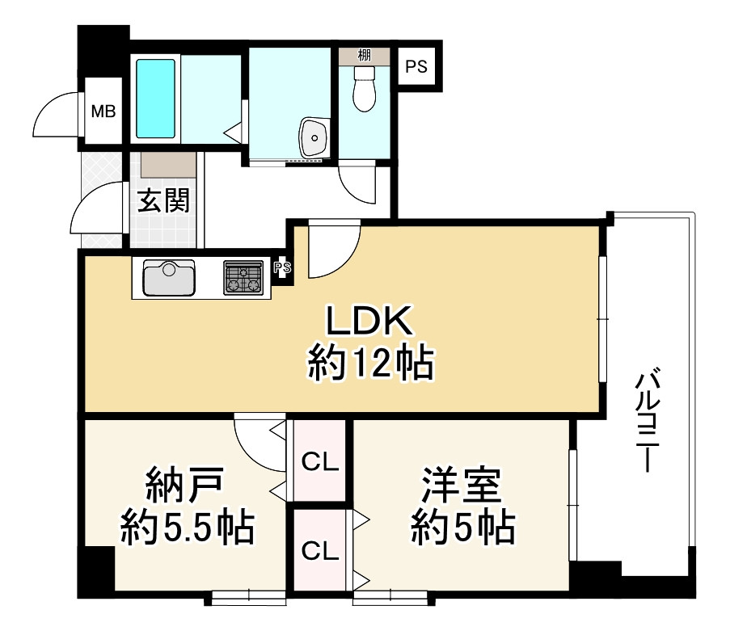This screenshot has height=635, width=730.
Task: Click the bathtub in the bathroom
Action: [x=155, y=98]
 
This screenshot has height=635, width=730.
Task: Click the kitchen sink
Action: [x=168, y=278]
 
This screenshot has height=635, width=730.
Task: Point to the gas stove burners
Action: [x=243, y=277]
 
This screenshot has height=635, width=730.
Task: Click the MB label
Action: [x=103, y=111]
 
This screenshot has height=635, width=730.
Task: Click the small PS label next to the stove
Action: [x=281, y=268]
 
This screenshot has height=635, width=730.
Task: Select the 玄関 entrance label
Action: [x=163, y=200]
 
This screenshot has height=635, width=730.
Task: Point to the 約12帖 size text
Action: [x=370, y=365]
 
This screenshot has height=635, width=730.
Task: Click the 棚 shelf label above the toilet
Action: [x=365, y=55]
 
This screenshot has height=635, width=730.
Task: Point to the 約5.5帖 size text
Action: [x=188, y=528]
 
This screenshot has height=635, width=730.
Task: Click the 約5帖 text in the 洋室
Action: [x=462, y=528]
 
